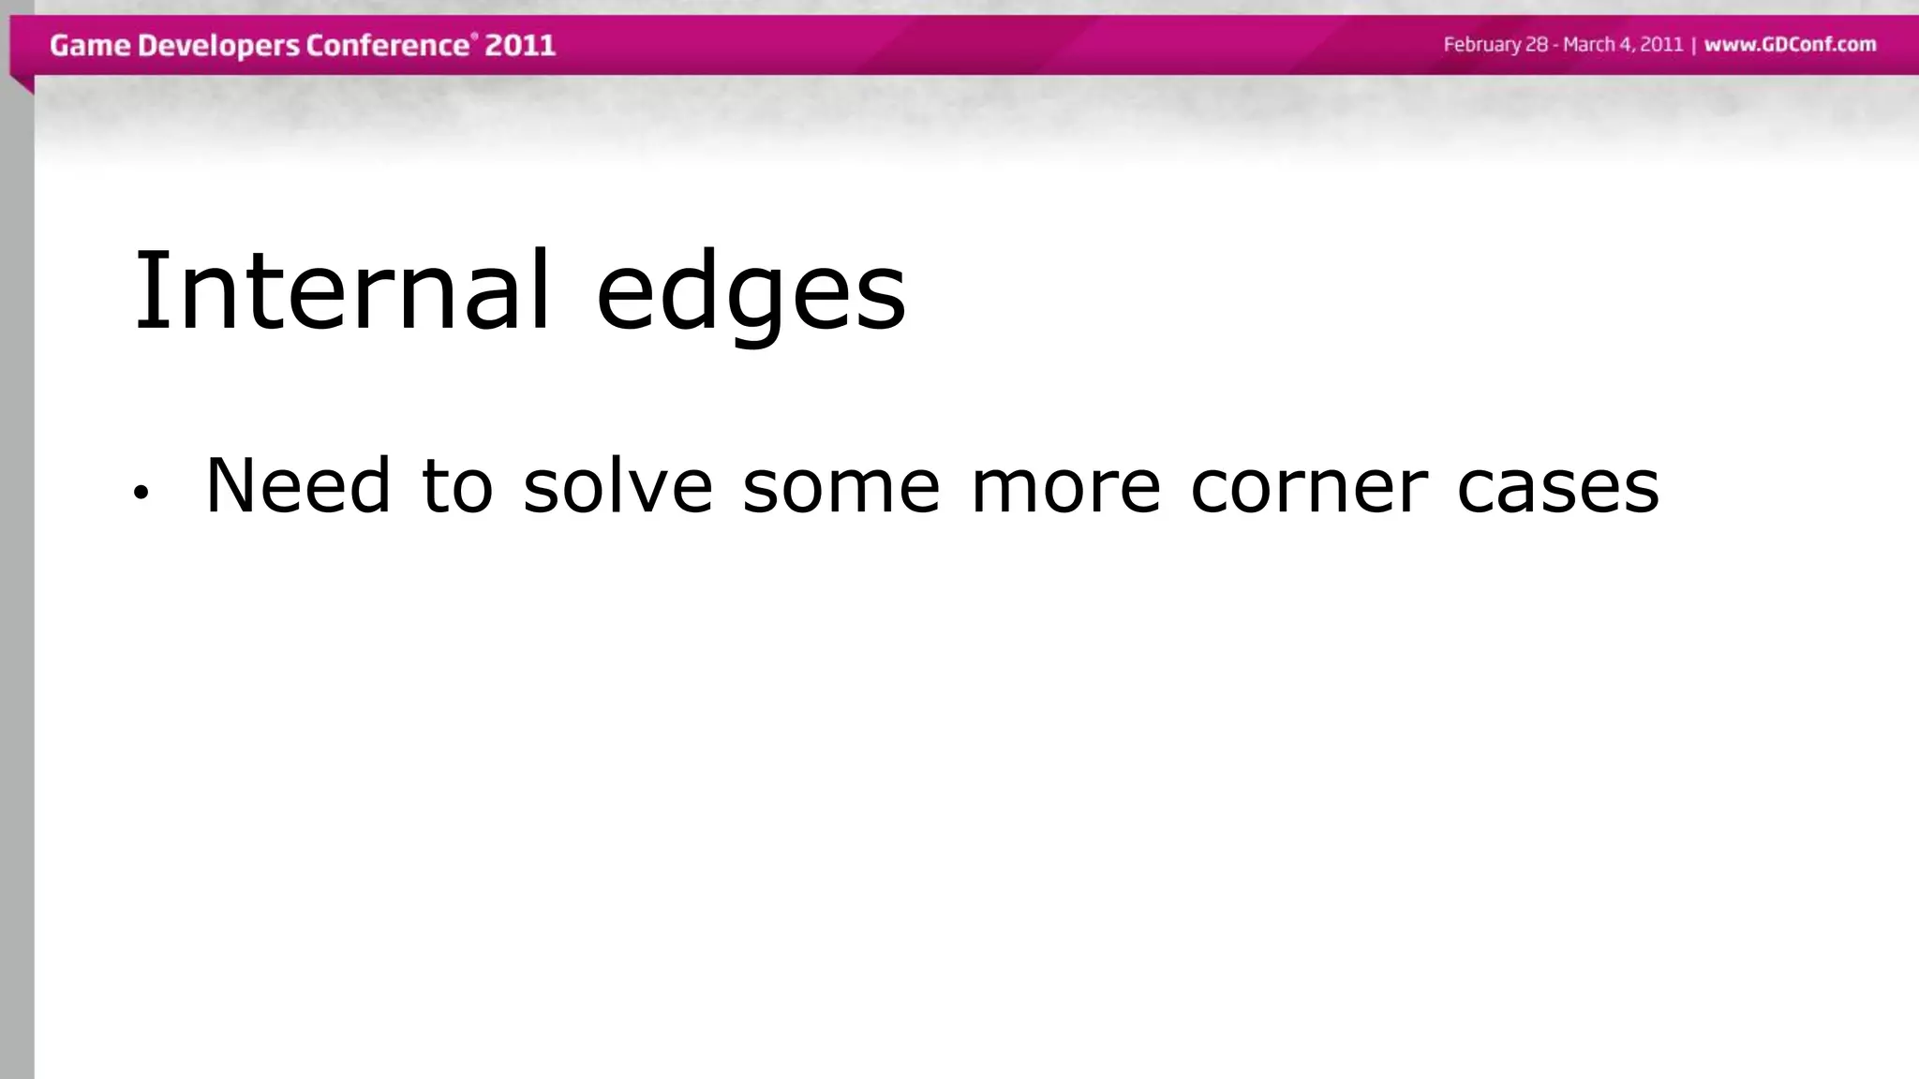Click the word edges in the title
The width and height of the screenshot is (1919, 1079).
751,292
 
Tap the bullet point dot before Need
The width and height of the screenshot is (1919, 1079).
141,493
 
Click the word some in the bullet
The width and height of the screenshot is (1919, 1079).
840,487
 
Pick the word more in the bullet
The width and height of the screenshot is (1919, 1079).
1065,487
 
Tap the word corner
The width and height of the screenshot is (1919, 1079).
1309,487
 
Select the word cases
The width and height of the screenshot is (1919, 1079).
1557,487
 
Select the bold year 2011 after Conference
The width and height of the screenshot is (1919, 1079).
520,45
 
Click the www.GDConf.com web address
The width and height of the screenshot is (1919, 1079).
1790,45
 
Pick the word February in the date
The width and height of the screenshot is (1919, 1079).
1482,45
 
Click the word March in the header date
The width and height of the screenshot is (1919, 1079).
1590,45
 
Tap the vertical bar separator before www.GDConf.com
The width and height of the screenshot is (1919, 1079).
1693,45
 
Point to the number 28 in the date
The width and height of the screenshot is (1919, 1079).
1537,45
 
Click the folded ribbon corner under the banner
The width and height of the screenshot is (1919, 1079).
22,84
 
